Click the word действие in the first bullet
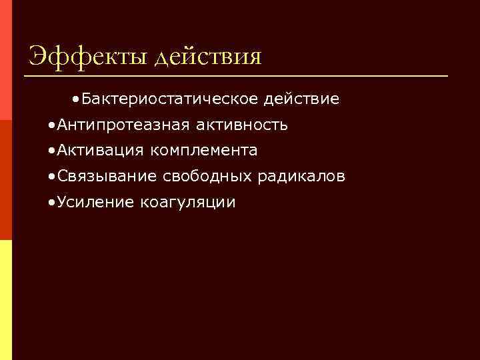301,99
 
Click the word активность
241,125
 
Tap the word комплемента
204,151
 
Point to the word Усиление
96,202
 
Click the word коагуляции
188,203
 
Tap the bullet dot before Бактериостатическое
78,100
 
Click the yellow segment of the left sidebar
5,300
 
